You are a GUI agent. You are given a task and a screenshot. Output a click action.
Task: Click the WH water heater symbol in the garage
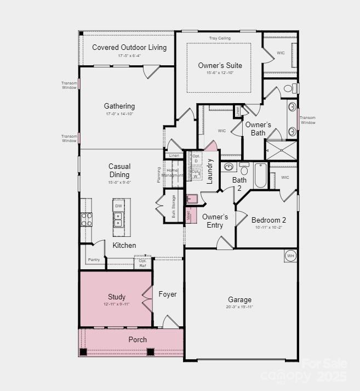point(290,256)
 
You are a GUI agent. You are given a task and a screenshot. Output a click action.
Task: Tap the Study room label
point(117,297)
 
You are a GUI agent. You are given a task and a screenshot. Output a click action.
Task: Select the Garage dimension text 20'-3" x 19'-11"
point(240,307)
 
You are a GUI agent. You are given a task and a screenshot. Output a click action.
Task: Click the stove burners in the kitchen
point(87,219)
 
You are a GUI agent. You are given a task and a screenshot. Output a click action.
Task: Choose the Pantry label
point(94,259)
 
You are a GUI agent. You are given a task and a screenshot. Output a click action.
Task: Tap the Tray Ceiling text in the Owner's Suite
point(220,38)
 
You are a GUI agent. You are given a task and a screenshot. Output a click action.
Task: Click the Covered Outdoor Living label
point(129,48)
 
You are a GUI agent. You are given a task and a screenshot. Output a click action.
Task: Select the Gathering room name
point(119,106)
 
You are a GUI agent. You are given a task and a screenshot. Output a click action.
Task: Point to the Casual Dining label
point(119,171)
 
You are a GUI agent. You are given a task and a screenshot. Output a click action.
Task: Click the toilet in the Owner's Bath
point(290,88)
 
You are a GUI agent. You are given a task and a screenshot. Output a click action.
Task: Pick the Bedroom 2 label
point(268,220)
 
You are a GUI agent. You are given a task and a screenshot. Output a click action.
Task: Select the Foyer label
point(168,294)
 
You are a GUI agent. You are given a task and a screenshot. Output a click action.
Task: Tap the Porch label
point(138,339)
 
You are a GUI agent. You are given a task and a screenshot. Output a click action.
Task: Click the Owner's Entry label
point(215,220)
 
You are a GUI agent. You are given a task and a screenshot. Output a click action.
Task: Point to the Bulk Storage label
point(174,206)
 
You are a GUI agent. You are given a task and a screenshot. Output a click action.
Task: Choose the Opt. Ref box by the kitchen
point(142,263)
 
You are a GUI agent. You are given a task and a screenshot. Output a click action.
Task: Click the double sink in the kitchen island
point(118,219)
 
